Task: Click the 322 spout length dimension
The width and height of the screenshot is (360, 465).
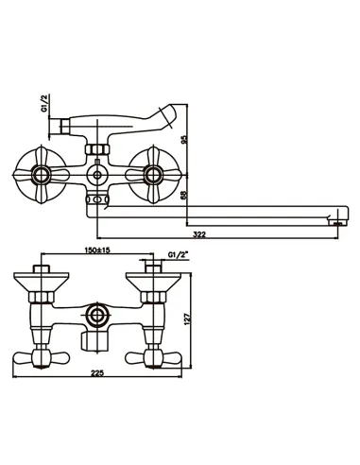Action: pos(199,234)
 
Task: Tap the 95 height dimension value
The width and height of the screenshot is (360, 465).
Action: pos(184,140)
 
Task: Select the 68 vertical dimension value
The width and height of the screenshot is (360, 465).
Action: pos(184,195)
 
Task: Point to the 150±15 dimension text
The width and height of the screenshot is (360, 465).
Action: pos(97,250)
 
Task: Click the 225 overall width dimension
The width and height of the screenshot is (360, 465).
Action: pos(97,373)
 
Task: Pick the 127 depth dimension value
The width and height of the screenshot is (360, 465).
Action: pos(187,319)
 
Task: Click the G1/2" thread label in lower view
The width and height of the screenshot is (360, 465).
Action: pos(179,254)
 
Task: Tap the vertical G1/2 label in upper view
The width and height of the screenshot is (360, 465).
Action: pos(44,103)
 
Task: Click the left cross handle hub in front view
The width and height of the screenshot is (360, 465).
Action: pos(42,175)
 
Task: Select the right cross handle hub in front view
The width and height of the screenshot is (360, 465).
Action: pos(153,175)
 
